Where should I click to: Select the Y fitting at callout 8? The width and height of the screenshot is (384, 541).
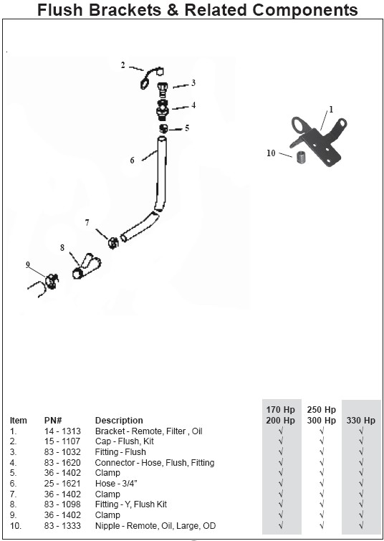(86, 267)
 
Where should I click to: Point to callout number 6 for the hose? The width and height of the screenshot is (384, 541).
(132, 160)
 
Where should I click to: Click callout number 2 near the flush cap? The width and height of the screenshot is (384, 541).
(123, 64)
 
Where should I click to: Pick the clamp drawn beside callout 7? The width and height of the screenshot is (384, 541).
(112, 242)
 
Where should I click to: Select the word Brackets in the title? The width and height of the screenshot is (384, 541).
(125, 10)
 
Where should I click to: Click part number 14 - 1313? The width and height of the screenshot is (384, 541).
(62, 431)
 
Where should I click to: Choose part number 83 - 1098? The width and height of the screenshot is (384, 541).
(62, 504)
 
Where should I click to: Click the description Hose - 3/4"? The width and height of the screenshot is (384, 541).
(116, 484)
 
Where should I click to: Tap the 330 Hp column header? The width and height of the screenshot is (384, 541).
(361, 420)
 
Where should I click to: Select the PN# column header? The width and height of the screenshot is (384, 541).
(53, 420)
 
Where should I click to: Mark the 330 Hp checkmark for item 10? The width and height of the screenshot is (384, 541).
(361, 526)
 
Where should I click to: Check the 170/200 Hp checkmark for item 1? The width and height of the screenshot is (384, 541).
(281, 431)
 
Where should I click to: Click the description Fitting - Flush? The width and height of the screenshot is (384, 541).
(120, 452)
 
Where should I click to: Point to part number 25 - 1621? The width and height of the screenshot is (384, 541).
(62, 484)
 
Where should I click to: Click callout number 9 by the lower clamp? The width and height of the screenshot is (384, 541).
(28, 264)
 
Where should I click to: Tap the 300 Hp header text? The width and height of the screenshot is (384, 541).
(321, 420)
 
